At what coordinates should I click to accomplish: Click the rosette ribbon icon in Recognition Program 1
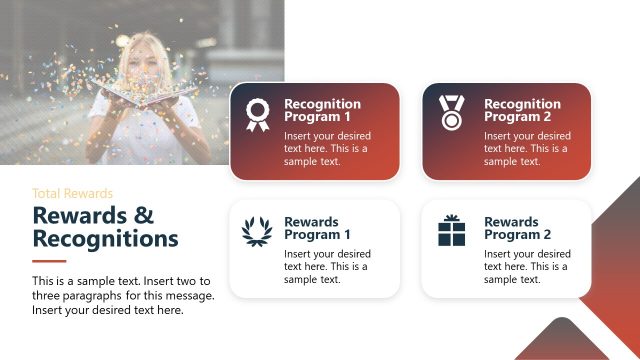click(x=257, y=115)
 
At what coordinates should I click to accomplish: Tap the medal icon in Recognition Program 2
click(x=451, y=113)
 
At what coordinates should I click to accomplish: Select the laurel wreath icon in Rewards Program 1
click(x=257, y=232)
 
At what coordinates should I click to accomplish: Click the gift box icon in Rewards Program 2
click(x=451, y=231)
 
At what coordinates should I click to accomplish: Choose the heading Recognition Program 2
click(x=522, y=110)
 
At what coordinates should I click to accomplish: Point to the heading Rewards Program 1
click(x=317, y=228)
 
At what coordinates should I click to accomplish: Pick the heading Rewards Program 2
click(x=517, y=228)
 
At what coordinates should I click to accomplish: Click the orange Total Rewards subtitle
click(x=72, y=193)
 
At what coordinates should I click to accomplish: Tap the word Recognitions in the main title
click(x=105, y=239)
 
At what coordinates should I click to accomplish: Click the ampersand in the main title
click(x=144, y=215)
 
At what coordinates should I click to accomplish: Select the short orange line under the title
click(x=49, y=262)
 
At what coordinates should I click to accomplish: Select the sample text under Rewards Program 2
click(x=526, y=266)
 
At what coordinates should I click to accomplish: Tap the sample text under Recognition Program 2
click(x=526, y=148)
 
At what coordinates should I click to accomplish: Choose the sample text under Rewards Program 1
click(x=327, y=266)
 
